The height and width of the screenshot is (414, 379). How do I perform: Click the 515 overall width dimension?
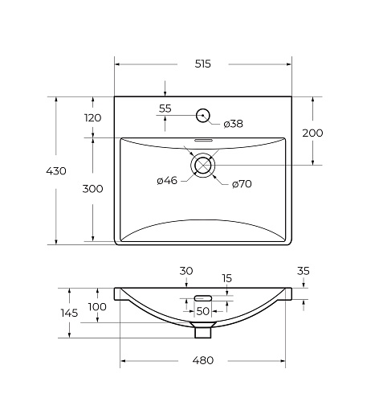[x=203, y=64]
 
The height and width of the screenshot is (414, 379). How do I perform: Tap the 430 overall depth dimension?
[x=56, y=171]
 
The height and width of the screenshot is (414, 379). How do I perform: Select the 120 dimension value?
[x=93, y=117]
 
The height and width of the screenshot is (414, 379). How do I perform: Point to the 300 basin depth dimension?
[x=92, y=189]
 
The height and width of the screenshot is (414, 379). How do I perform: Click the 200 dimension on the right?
[x=312, y=133]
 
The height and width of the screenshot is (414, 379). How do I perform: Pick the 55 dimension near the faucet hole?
[x=165, y=109]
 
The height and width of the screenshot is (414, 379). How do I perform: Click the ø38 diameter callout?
[x=234, y=124]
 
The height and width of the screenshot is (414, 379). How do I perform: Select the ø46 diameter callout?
[x=167, y=181]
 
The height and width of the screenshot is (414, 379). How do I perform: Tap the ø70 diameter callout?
[x=242, y=184]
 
